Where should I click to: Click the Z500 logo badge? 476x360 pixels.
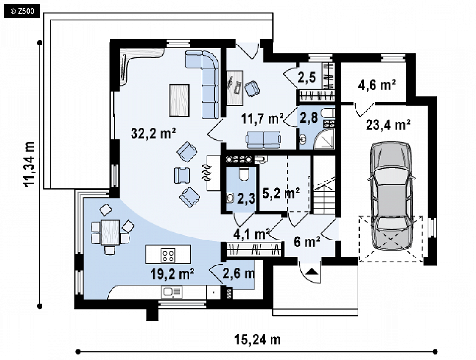[22, 11]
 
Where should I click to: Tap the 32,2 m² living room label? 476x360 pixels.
[153, 133]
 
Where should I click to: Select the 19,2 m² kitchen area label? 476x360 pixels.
[172, 274]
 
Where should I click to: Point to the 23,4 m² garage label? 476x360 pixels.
[388, 125]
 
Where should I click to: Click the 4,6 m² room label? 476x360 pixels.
[377, 85]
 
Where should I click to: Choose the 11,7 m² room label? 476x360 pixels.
[263, 119]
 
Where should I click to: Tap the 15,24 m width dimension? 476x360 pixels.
[258, 340]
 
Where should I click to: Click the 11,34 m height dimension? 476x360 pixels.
[30, 164]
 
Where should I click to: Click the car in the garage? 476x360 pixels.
[391, 195]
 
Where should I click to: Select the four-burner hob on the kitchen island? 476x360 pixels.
[168, 255]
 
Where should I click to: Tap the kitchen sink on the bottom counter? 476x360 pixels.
[172, 292]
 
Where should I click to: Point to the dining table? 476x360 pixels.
[110, 232]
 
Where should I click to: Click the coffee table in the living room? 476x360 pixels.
[179, 100]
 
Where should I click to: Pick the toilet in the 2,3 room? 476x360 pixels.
[244, 174]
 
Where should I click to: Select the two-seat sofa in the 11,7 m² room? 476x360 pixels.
[263, 140]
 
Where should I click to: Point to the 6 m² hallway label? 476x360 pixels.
[307, 242]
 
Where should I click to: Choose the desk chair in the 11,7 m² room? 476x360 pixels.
[252, 88]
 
